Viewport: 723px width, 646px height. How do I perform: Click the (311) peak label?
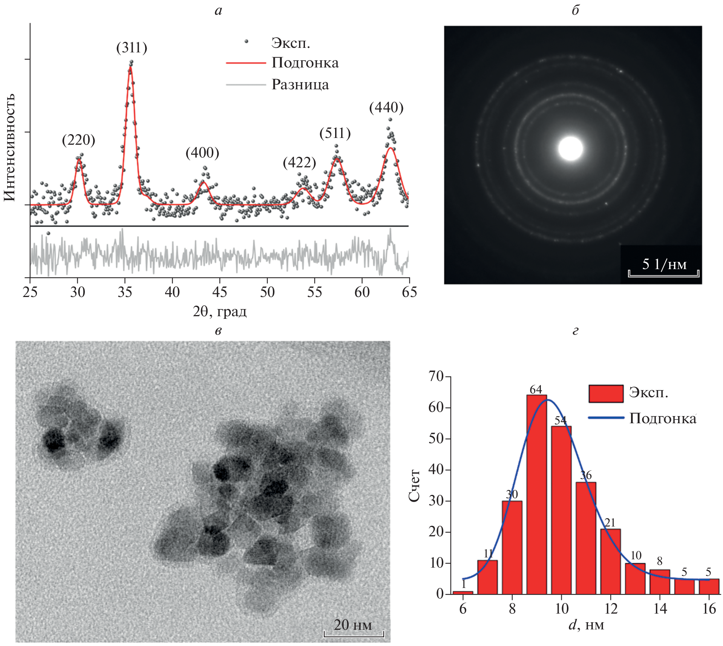(x=132, y=48)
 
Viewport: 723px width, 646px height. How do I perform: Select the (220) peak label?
(x=78, y=140)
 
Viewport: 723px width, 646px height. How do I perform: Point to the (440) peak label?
(x=386, y=108)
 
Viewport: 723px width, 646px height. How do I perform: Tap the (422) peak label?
(x=299, y=162)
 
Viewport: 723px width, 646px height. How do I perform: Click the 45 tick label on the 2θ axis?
(x=220, y=292)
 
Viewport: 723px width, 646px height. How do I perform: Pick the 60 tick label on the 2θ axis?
(x=362, y=292)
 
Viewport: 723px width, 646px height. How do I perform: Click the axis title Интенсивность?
(x=10, y=147)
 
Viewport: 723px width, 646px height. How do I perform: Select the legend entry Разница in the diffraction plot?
(x=300, y=84)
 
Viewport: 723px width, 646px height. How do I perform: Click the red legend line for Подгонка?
(x=246, y=63)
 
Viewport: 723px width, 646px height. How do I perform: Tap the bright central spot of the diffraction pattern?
(x=570, y=148)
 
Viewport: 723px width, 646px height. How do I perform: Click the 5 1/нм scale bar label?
(x=664, y=264)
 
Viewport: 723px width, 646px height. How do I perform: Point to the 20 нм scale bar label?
(x=353, y=625)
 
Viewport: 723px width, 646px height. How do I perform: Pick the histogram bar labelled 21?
(x=610, y=561)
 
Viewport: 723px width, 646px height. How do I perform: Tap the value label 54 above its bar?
(x=561, y=420)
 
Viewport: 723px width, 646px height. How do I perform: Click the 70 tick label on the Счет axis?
(x=436, y=376)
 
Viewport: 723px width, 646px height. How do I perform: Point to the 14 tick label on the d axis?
(x=660, y=609)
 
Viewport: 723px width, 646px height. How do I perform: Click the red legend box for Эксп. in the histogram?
(x=606, y=394)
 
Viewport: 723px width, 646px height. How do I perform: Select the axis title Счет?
(x=414, y=486)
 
